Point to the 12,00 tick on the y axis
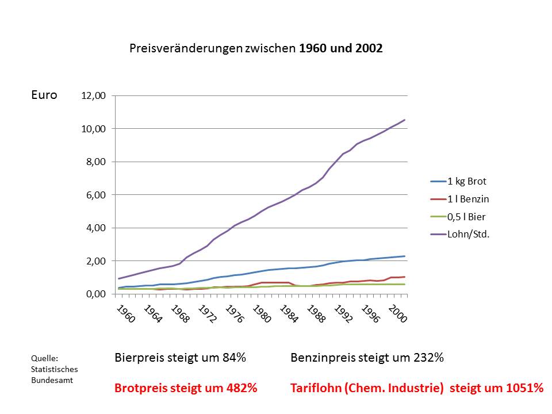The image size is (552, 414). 94,96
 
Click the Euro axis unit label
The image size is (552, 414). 44,95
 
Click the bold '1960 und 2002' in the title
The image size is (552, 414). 340,49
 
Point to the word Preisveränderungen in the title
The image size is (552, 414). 186,49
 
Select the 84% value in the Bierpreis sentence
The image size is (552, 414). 234,358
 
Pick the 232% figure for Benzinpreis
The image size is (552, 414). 428,358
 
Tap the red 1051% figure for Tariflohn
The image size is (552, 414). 525,388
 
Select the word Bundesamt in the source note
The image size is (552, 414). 52,380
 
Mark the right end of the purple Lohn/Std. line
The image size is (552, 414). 405,120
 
